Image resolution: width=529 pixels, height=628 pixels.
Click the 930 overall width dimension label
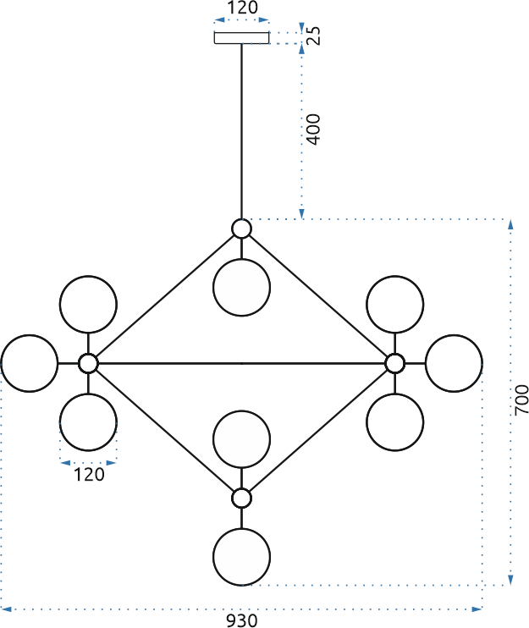click(x=242, y=620)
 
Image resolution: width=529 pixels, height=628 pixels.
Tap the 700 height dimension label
click(x=521, y=400)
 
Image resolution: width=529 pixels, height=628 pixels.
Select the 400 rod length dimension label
click(x=313, y=129)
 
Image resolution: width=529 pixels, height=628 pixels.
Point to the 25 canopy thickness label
click(x=314, y=36)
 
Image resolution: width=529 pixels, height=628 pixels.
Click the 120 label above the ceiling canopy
click(x=243, y=8)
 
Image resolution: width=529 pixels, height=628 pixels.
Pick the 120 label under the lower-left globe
click(x=89, y=475)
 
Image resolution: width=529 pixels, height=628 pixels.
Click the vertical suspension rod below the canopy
click(x=241, y=131)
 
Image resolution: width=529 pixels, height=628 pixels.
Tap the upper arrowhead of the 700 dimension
click(x=510, y=224)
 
